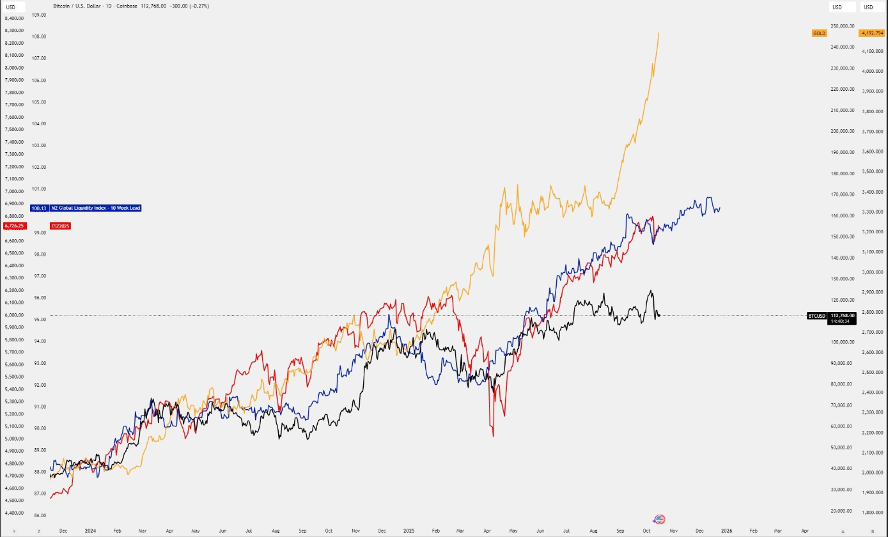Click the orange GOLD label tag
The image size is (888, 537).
[x=819, y=33]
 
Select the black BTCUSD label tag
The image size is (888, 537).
[x=816, y=315]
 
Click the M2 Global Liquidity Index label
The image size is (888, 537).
[x=95, y=208]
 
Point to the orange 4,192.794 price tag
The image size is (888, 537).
[x=872, y=33]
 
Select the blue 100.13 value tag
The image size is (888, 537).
[x=39, y=208]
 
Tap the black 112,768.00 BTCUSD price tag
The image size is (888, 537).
[x=841, y=315]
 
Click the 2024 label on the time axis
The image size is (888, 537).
[x=90, y=531]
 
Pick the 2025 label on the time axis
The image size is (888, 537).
[x=409, y=531]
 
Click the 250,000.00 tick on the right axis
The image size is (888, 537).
[x=843, y=26]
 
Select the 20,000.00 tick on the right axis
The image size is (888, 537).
[x=843, y=511]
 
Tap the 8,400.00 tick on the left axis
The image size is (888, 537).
[x=14, y=18]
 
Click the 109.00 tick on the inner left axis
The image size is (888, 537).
[x=39, y=14]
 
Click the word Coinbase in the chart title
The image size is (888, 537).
[x=127, y=6]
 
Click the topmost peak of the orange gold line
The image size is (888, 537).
[x=658, y=33]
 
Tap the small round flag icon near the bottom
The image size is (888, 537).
[x=659, y=520]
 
